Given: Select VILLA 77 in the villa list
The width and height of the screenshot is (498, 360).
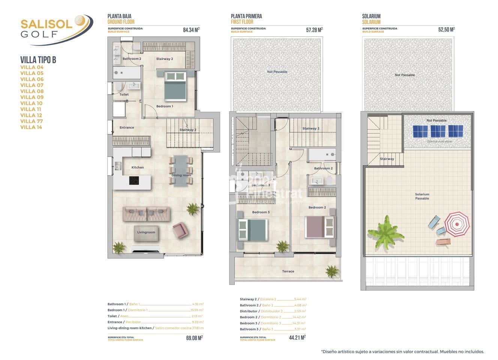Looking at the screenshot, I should tap(31, 121).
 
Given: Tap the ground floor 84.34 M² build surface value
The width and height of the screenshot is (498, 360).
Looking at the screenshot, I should tap(191, 30).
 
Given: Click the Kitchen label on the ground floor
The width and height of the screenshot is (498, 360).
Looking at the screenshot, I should tap(137, 167).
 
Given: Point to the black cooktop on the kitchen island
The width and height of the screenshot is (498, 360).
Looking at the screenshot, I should tap(134, 180).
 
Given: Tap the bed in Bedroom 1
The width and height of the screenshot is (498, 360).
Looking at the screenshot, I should tap(175, 86).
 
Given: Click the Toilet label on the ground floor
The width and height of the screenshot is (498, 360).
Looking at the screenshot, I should tap(124, 94).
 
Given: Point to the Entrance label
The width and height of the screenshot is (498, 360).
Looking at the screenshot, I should tap(126, 127).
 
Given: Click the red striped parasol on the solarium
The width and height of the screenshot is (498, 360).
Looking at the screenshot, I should tap(457, 224).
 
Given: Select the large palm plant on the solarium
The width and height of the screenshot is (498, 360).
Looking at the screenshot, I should tap(385, 232).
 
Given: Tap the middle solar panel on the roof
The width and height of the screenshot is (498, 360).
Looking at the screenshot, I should tap(438, 131).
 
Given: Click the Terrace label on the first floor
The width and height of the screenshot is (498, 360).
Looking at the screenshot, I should tap(288, 271).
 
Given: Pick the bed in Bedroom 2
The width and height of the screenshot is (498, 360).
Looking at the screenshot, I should tap(320, 226).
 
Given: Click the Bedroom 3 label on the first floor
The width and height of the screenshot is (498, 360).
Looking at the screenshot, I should tap(261, 212).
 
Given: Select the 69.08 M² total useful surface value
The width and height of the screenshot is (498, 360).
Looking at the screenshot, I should tap(194, 338).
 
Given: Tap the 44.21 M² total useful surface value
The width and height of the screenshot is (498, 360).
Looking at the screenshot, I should tap(297, 337).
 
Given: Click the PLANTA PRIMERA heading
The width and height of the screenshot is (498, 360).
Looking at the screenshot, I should tap(246, 16).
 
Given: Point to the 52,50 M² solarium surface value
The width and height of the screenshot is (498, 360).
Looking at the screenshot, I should tap(446, 30).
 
